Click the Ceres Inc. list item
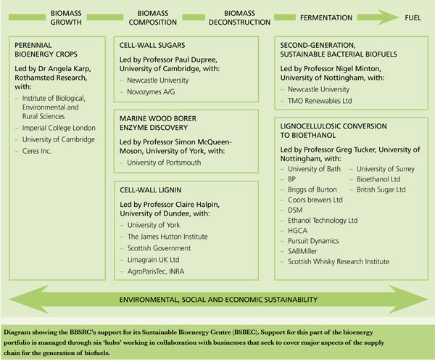(x=42, y=150)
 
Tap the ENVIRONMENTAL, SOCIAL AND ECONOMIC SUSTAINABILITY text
(x=216, y=299)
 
